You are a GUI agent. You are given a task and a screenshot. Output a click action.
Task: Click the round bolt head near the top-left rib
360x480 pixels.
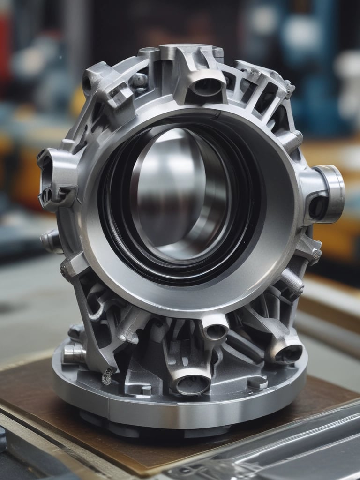pyautogui.click(x=139, y=80)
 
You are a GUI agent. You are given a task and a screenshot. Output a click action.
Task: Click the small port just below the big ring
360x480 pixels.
pyautogui.click(x=215, y=331)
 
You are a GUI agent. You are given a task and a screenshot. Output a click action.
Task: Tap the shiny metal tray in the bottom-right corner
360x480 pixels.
pyautogui.click(x=291, y=445)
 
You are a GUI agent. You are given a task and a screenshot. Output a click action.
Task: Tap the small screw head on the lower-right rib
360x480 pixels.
pyautogui.click(x=316, y=254)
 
